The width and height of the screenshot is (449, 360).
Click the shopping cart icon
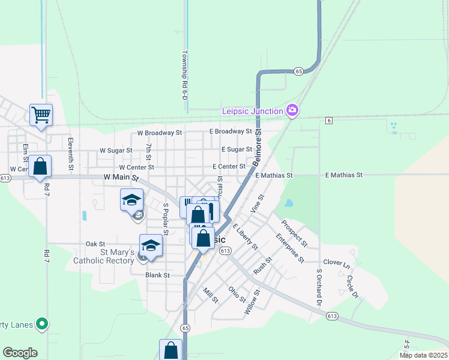[x=41, y=114]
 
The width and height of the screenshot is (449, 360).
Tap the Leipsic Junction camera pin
[x=292, y=110]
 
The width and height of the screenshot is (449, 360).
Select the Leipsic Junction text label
[x=252, y=111]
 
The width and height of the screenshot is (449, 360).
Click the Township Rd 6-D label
[x=185, y=75]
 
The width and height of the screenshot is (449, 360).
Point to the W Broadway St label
[x=159, y=133]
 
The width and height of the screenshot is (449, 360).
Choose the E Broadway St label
[x=231, y=131]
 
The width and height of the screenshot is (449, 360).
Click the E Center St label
[x=229, y=166]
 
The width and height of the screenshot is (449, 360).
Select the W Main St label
[x=121, y=178]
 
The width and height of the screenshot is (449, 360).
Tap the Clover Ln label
[x=336, y=263]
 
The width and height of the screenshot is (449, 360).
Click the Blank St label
[x=158, y=275]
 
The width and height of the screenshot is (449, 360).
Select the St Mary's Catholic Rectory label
[x=103, y=256]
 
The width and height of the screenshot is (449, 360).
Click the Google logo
[x=20, y=353]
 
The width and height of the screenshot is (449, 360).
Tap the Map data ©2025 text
[x=423, y=355]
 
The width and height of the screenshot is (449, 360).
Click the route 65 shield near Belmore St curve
[x=299, y=71]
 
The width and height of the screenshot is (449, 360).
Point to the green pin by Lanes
[x=41, y=324]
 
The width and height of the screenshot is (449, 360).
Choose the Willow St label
[x=252, y=303]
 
